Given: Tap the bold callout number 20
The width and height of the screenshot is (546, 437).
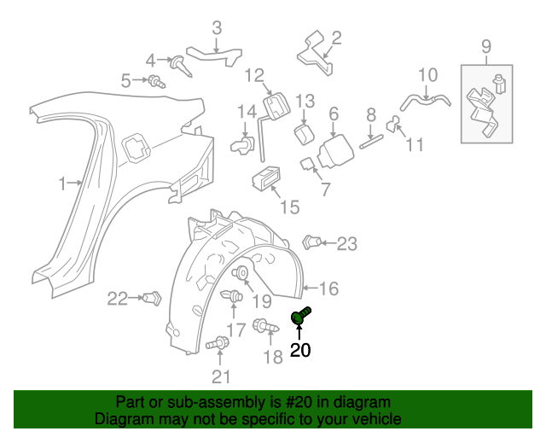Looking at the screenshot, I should [301, 350].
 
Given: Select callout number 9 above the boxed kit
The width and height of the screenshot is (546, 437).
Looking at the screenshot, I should [486, 45].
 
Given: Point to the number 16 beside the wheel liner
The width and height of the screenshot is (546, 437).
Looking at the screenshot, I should [329, 288].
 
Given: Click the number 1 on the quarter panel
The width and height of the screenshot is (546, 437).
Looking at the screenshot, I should [62, 184].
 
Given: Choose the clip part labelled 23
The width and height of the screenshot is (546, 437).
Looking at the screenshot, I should [313, 242].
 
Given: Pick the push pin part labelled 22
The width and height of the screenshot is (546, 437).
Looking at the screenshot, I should [154, 298].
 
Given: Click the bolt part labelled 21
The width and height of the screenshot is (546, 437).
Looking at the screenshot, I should [217, 344].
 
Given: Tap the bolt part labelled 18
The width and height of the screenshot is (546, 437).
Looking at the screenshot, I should [262, 326].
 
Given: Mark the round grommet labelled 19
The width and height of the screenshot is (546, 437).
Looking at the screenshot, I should [241, 274].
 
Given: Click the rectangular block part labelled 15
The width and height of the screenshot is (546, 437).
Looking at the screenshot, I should [265, 178].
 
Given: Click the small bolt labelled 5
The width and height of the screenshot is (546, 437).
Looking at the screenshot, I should [156, 82].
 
